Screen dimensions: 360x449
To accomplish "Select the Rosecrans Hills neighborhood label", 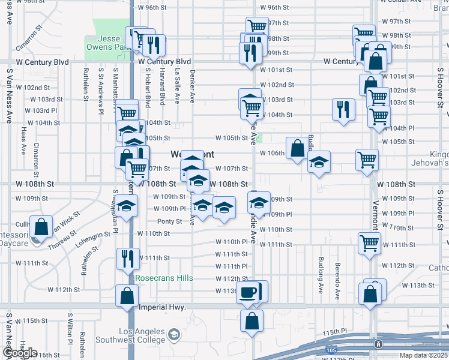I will tap(164, 278).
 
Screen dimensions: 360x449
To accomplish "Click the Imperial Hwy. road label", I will tap(162, 307).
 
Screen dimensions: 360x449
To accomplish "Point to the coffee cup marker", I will tap(247, 292).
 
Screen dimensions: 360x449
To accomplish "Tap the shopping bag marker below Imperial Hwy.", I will tap(251, 320).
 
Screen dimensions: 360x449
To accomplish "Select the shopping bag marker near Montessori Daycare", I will tap(41, 227).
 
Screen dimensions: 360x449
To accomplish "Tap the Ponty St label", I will tap(170, 221).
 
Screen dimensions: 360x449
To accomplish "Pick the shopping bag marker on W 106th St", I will tap(297, 148).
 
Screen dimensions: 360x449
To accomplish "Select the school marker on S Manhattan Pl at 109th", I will tap(127, 206).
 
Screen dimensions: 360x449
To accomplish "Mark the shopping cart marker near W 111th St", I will tap(369, 243).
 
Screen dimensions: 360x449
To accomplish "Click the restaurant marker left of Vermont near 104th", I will tap(343, 109).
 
